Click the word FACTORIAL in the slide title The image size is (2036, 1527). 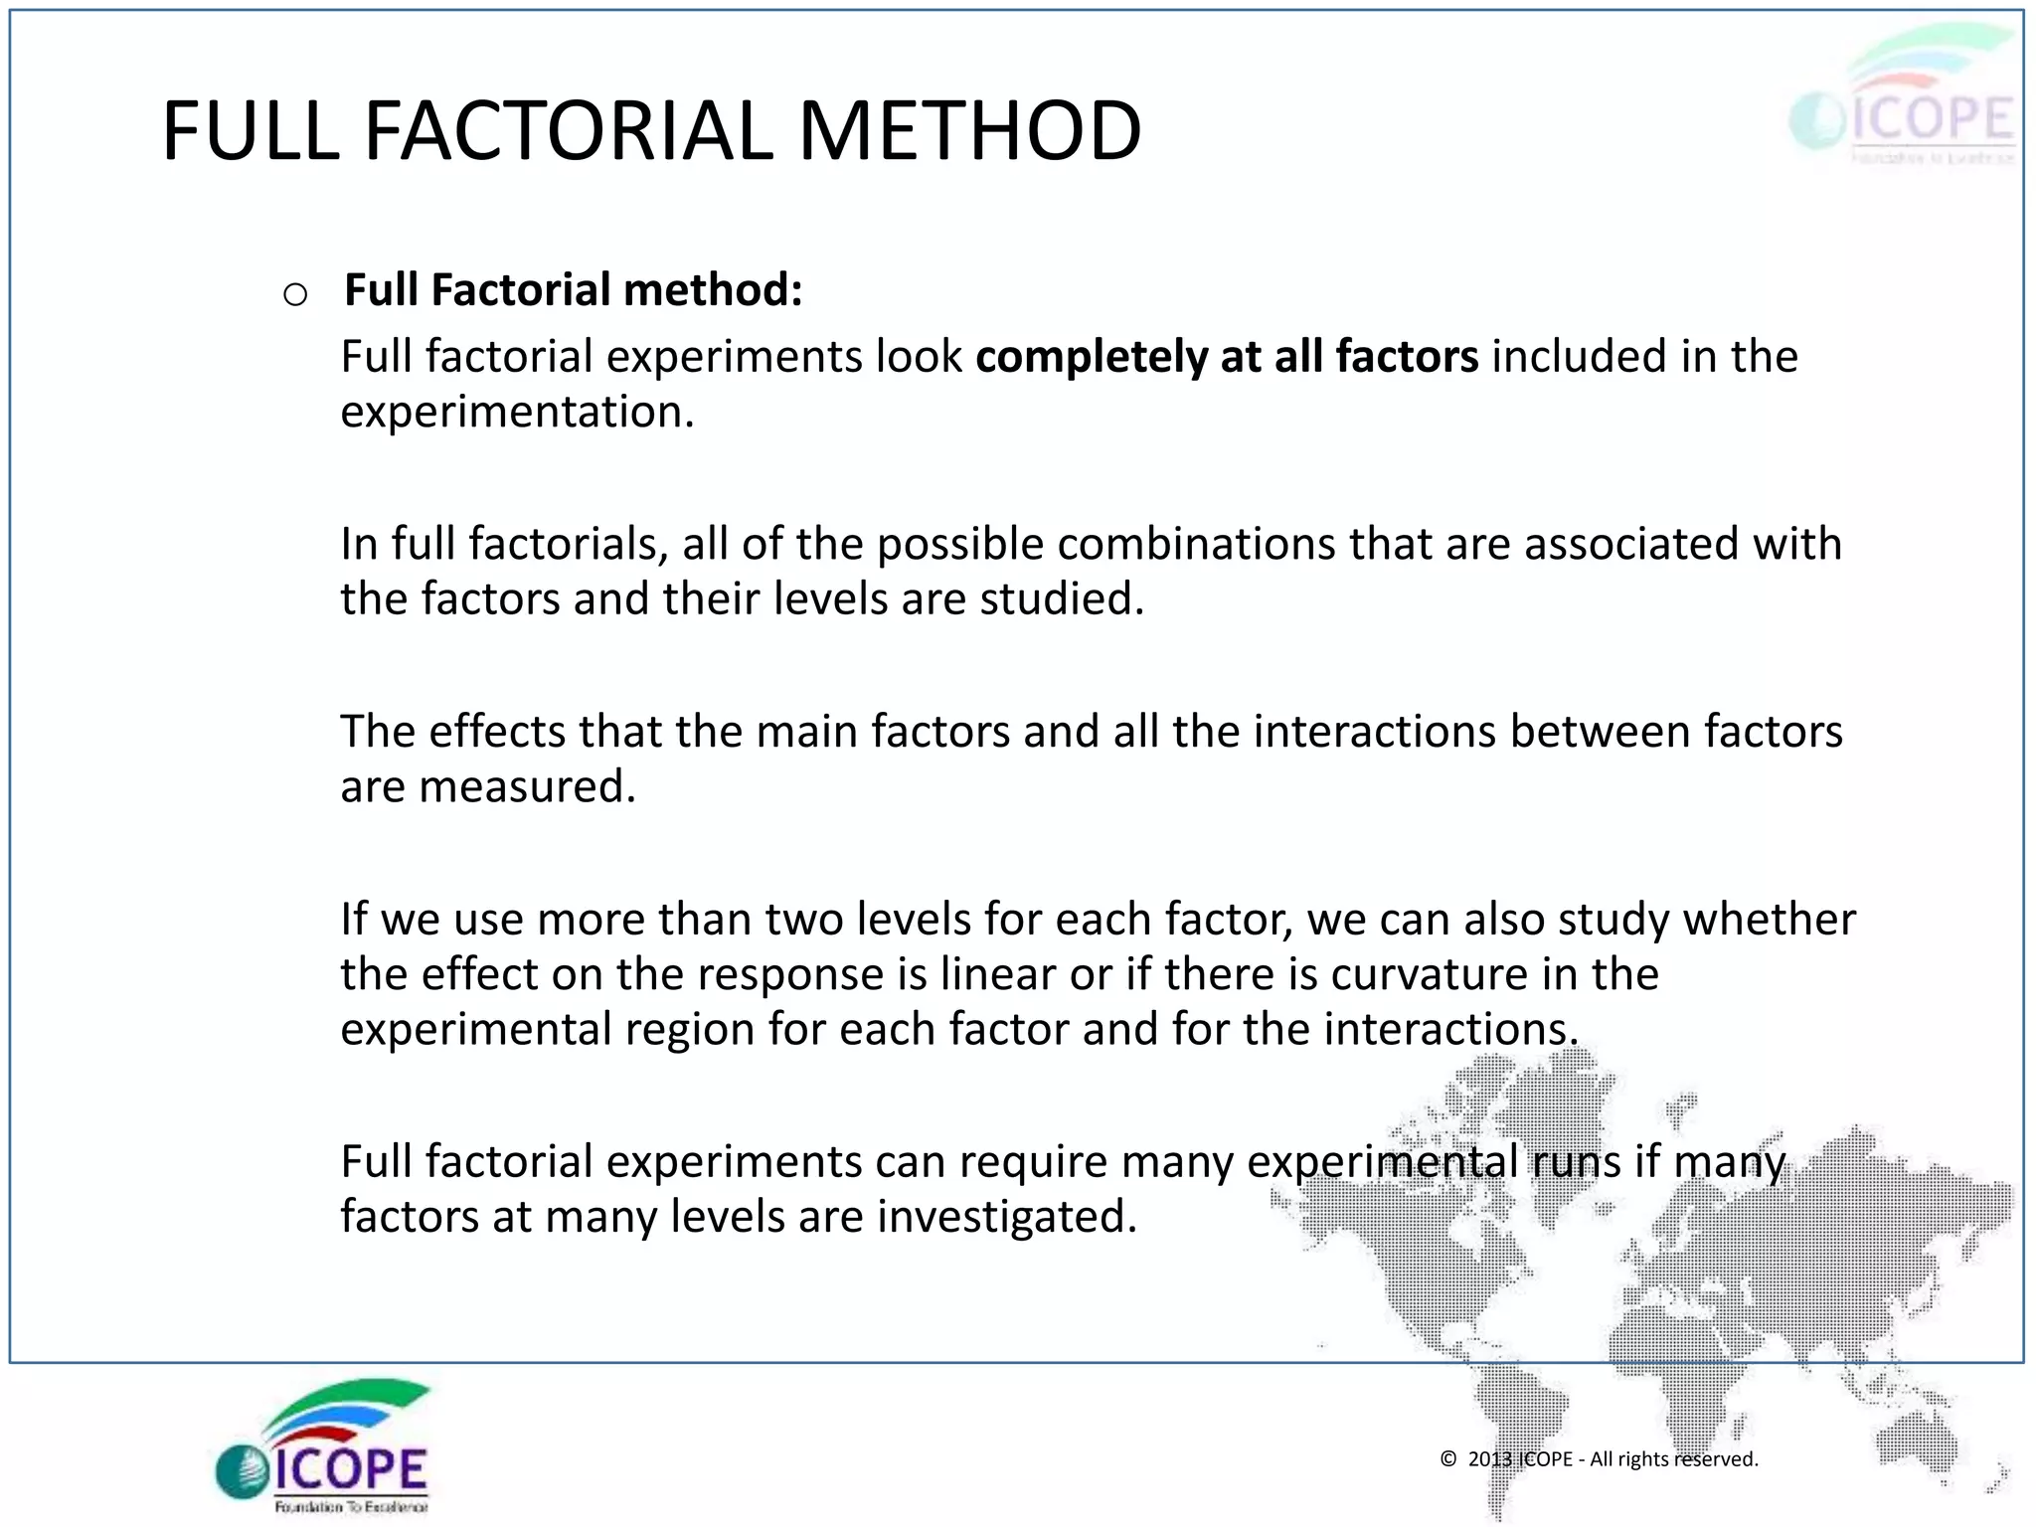(569, 131)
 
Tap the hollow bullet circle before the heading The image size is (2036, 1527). (295, 294)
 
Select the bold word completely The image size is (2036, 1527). (1091, 356)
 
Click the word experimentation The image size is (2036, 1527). (517, 412)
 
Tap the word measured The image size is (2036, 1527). (527, 786)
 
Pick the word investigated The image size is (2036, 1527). (1006, 1216)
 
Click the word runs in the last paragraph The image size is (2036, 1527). (1576, 1161)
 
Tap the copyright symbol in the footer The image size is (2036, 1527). (1448, 1459)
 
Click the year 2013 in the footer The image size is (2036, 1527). (1489, 1459)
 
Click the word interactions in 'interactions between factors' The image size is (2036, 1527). (1375, 732)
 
